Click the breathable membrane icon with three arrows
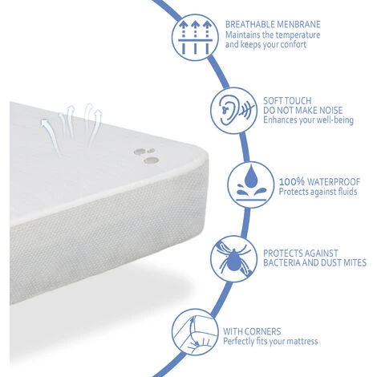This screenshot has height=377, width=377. (195, 37)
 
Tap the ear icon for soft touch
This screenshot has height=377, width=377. (233, 111)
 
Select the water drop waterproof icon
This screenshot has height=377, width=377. (251, 184)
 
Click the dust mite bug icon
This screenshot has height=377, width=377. (233, 259)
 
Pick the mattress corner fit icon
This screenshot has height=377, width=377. (195, 332)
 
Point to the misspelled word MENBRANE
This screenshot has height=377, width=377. (298, 25)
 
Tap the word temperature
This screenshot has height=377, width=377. (298, 35)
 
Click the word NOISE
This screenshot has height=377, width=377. (328, 111)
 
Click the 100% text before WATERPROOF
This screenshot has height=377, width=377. (292, 182)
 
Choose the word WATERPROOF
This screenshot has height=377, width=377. (334, 182)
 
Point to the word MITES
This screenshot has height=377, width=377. (355, 263)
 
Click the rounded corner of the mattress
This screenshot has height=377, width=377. (201, 156)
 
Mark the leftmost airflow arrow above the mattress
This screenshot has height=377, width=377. (51, 136)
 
